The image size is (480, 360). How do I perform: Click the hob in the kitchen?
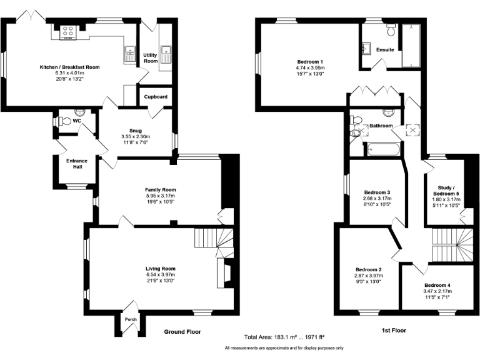[67, 32]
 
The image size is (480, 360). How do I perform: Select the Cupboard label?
[156, 97]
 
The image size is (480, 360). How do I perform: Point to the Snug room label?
[136, 131]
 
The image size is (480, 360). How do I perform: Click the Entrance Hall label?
[77, 164]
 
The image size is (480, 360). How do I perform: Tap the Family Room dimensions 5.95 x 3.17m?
[161, 196]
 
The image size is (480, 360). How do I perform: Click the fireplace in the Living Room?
[225, 273]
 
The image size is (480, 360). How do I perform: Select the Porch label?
[131, 319]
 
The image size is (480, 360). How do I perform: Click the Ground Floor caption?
[182, 331]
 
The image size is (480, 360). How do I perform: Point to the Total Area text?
[284, 337]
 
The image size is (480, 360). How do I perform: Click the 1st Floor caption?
[394, 330]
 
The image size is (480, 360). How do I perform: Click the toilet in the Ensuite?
[391, 30]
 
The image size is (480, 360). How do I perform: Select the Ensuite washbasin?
[366, 49]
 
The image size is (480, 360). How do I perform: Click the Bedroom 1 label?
[310, 61]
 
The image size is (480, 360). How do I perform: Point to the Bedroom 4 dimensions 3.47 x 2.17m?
[437, 291]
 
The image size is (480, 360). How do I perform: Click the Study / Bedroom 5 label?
[446, 191]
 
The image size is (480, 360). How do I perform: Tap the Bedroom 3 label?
[377, 192]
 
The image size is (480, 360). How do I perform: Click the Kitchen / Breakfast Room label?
[70, 67]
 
